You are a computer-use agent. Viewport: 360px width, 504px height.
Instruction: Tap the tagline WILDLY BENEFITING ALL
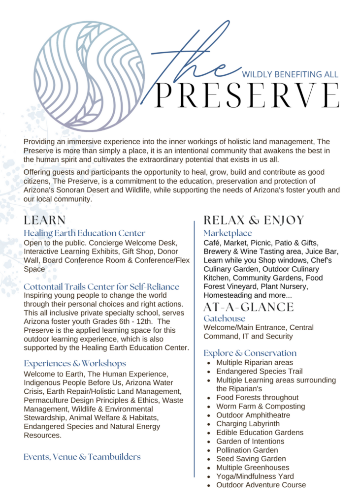tap(290, 74)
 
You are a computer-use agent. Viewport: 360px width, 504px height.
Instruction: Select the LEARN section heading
tap(45, 220)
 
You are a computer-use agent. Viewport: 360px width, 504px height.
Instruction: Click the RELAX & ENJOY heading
tap(254, 220)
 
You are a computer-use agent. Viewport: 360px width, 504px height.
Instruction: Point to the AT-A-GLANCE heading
tap(248, 307)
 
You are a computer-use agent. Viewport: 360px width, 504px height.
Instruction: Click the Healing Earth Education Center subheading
tap(85, 233)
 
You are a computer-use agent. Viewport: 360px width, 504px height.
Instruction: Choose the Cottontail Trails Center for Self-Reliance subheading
tap(101, 286)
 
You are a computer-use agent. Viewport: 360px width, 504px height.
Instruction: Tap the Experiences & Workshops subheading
tap(75, 363)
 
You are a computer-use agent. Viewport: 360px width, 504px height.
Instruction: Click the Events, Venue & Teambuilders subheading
tap(82, 457)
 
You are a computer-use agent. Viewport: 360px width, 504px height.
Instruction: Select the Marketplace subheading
tap(228, 233)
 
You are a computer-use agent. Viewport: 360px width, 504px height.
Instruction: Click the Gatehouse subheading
tap(224, 318)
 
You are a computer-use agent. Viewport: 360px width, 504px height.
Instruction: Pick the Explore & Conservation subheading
tap(250, 353)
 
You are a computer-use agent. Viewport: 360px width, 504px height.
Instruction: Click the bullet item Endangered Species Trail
tap(259, 372)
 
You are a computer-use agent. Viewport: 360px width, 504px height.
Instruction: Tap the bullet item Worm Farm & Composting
tap(261, 407)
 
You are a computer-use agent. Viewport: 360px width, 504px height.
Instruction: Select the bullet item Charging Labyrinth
tap(248, 424)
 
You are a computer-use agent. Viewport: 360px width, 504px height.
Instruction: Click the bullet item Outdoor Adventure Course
tap(261, 485)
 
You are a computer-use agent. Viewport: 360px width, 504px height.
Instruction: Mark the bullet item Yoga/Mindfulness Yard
tap(255, 476)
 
